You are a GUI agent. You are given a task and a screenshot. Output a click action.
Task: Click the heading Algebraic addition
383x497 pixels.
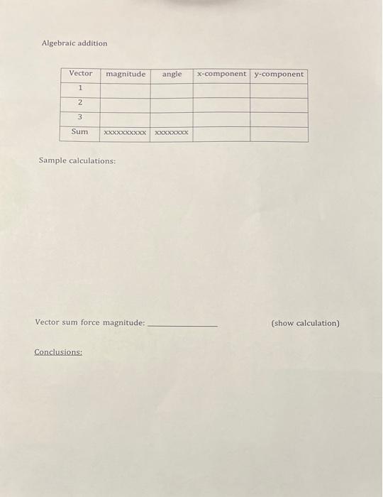pos(74,43)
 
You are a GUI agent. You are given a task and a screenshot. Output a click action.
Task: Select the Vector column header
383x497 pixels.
pos(80,74)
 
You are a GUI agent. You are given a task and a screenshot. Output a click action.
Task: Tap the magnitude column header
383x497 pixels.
pos(126,74)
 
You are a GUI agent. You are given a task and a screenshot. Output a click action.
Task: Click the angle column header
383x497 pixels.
pos(172,74)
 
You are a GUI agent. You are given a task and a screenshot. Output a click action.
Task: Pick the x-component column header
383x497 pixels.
pos(221,74)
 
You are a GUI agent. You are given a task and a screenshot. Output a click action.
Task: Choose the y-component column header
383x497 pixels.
pos(279,74)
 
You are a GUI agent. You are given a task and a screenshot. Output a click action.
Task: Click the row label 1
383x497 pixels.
pos(80,88)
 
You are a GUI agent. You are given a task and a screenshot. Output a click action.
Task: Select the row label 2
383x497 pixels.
pos(80,103)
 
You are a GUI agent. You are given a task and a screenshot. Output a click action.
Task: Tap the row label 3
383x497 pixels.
pos(80,117)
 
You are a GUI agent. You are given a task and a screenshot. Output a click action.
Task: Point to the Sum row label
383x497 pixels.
pos(80,132)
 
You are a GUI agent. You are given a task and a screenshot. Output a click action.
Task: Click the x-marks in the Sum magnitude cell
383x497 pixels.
pos(126,133)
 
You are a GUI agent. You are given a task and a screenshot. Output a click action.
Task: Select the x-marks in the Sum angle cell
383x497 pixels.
pos(172,133)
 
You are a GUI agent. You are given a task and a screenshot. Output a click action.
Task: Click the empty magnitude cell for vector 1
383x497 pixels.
pos(126,89)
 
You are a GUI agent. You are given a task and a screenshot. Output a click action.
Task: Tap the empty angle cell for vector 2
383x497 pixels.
pos(172,104)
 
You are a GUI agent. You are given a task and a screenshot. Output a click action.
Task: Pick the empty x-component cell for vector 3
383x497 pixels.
pos(221,119)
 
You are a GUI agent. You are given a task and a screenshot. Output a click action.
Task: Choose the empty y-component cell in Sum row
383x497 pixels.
pos(279,133)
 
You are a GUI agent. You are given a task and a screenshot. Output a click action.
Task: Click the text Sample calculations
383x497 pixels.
pos(77,161)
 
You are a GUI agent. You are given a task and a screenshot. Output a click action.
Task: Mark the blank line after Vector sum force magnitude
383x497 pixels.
pos(182,324)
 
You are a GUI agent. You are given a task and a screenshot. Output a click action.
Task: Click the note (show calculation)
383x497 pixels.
pos(305,323)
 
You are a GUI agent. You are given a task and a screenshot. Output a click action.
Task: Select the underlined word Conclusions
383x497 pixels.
pos(58,351)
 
